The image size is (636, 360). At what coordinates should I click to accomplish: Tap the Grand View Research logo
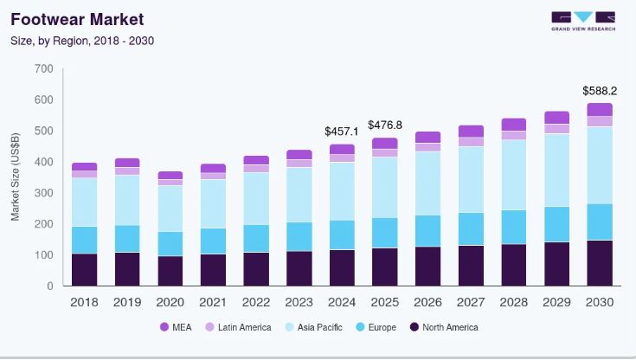[582, 21]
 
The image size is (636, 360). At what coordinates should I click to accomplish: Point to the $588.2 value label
[600, 90]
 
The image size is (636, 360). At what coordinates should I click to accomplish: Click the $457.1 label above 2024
[342, 131]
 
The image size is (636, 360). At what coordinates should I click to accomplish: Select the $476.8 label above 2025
[385, 125]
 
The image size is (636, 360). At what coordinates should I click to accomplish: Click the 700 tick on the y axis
[44, 68]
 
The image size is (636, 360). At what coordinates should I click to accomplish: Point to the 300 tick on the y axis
[44, 193]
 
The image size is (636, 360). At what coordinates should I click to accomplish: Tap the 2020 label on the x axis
[170, 302]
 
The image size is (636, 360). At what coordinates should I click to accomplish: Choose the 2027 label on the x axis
[471, 302]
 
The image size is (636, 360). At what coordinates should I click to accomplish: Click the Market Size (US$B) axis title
[16, 177]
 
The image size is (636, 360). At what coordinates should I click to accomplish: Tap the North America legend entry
[442, 327]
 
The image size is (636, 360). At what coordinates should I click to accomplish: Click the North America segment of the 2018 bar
[85, 269]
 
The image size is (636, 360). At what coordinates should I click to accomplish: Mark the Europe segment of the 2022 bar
[256, 238]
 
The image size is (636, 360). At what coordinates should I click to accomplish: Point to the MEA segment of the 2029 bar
[556, 118]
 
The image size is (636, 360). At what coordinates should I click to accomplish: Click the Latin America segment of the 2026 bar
[427, 147]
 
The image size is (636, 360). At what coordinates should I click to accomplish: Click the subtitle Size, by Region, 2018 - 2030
[82, 40]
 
